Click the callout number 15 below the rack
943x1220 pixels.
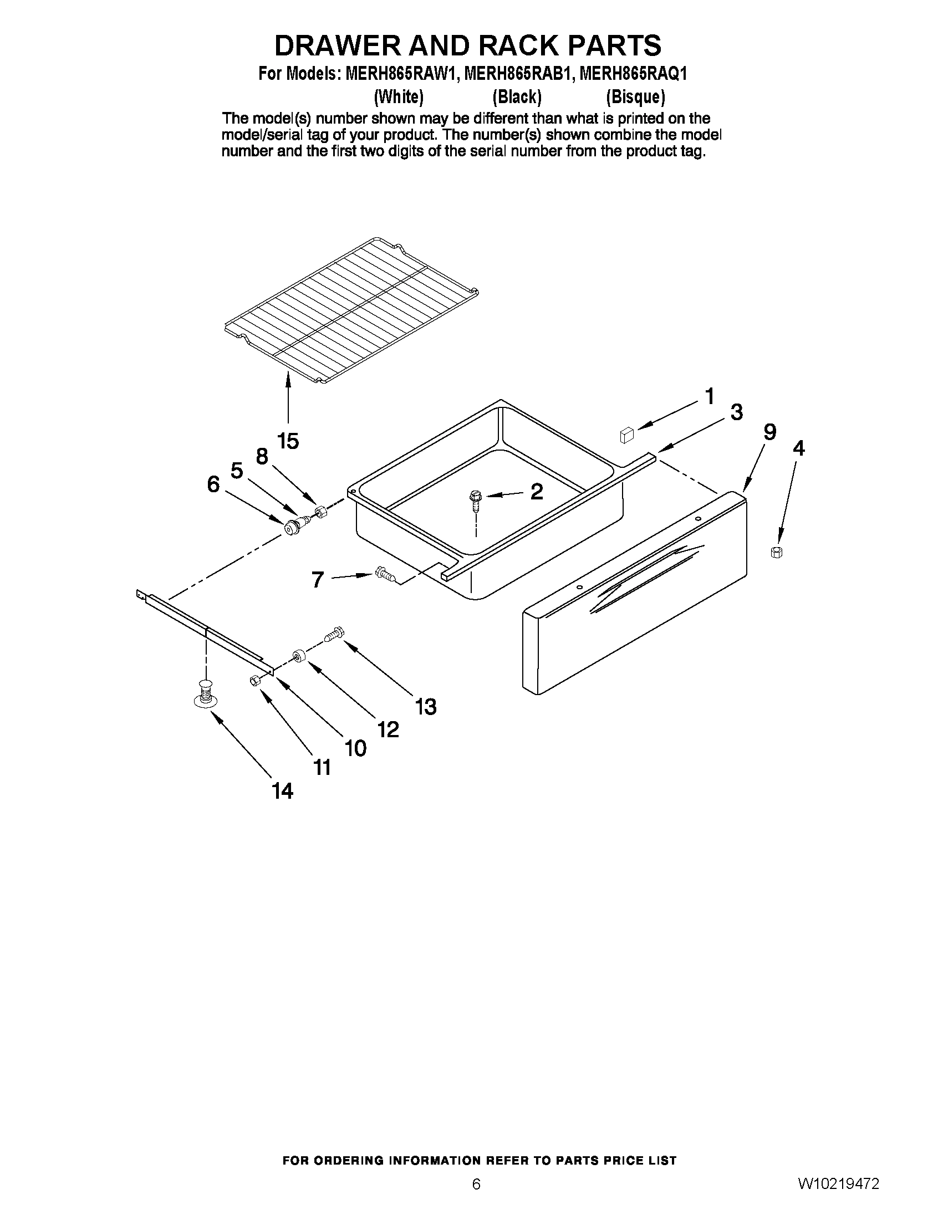[288, 441]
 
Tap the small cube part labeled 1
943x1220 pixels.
[626, 435]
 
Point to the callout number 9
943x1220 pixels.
[769, 432]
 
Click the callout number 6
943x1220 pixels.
[213, 484]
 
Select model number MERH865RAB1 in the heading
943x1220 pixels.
[516, 74]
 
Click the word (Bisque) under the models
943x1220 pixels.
[635, 97]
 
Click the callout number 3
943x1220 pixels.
[736, 413]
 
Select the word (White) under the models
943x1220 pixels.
[398, 97]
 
